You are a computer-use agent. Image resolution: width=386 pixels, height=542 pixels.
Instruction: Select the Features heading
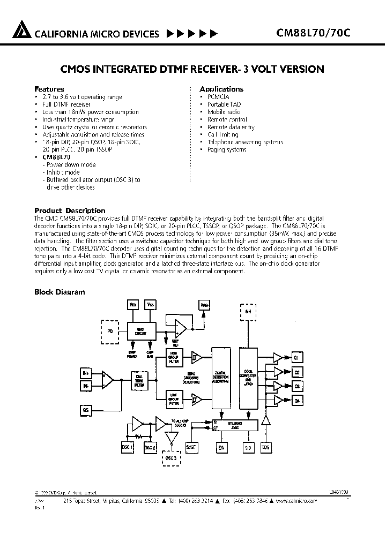[49, 89]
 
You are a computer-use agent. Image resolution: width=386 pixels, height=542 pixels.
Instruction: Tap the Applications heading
[221, 89]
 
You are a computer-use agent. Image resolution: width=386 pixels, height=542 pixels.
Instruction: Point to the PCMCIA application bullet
[219, 97]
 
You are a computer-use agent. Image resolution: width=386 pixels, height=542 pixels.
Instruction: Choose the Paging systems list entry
[227, 150]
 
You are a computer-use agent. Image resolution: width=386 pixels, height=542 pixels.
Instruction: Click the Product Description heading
[70, 210]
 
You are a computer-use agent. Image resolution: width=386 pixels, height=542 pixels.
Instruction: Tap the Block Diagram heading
[60, 292]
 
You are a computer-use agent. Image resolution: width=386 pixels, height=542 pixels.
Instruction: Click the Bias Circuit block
[140, 330]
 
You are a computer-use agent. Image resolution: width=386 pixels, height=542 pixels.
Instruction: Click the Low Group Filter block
[173, 398]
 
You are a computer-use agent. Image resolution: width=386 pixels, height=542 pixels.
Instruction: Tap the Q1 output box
[297, 357]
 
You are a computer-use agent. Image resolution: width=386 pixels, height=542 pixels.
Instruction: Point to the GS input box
[85, 410]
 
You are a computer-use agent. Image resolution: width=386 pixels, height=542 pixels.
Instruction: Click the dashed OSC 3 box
[171, 457]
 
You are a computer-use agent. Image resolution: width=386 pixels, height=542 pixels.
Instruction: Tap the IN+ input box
[85, 372]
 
